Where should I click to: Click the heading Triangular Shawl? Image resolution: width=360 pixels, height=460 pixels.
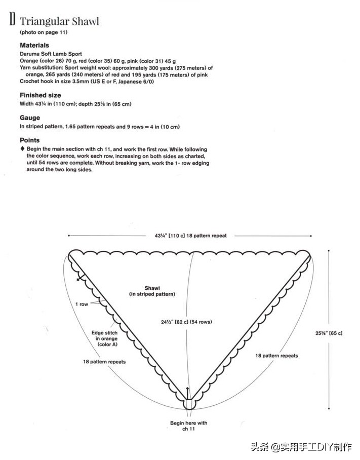(x=59, y=21)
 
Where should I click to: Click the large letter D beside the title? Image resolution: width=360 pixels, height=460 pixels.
(x=12, y=21)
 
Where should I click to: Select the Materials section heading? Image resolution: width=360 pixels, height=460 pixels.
(x=34, y=45)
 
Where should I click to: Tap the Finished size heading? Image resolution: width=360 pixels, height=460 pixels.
(x=41, y=95)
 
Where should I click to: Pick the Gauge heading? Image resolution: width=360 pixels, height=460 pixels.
(x=30, y=118)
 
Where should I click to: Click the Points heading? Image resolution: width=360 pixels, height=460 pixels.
(x=29, y=140)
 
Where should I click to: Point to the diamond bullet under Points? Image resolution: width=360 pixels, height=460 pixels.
(x=22, y=149)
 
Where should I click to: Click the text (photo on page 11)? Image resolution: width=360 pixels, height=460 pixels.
(x=44, y=32)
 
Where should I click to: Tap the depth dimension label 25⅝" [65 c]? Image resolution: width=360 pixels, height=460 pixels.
(x=328, y=333)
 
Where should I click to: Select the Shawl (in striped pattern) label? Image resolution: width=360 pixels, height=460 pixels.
(x=152, y=291)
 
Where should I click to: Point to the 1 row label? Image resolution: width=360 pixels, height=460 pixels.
(x=82, y=304)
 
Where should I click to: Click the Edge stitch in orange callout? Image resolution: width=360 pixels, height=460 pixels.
(x=104, y=338)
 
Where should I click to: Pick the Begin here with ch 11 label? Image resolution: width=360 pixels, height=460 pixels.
(x=188, y=426)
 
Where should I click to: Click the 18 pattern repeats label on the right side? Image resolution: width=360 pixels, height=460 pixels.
(x=276, y=356)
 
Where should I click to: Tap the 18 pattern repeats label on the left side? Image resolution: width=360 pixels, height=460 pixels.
(x=104, y=362)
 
